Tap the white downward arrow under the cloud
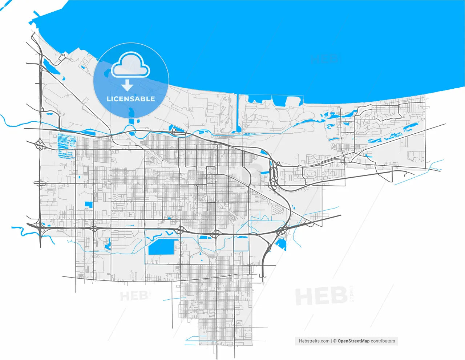coord(127,85)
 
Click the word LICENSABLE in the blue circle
coord(131,99)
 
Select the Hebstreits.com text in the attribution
coord(314,341)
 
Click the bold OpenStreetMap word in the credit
coord(353,341)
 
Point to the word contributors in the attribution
coord(383,341)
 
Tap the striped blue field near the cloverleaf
coord(66,145)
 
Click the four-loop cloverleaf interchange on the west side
coord(40,145)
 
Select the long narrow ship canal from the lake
coord(238,113)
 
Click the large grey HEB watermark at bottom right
coord(321,296)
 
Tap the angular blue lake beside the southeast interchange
coord(282,244)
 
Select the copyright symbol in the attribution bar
coord(335,341)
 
